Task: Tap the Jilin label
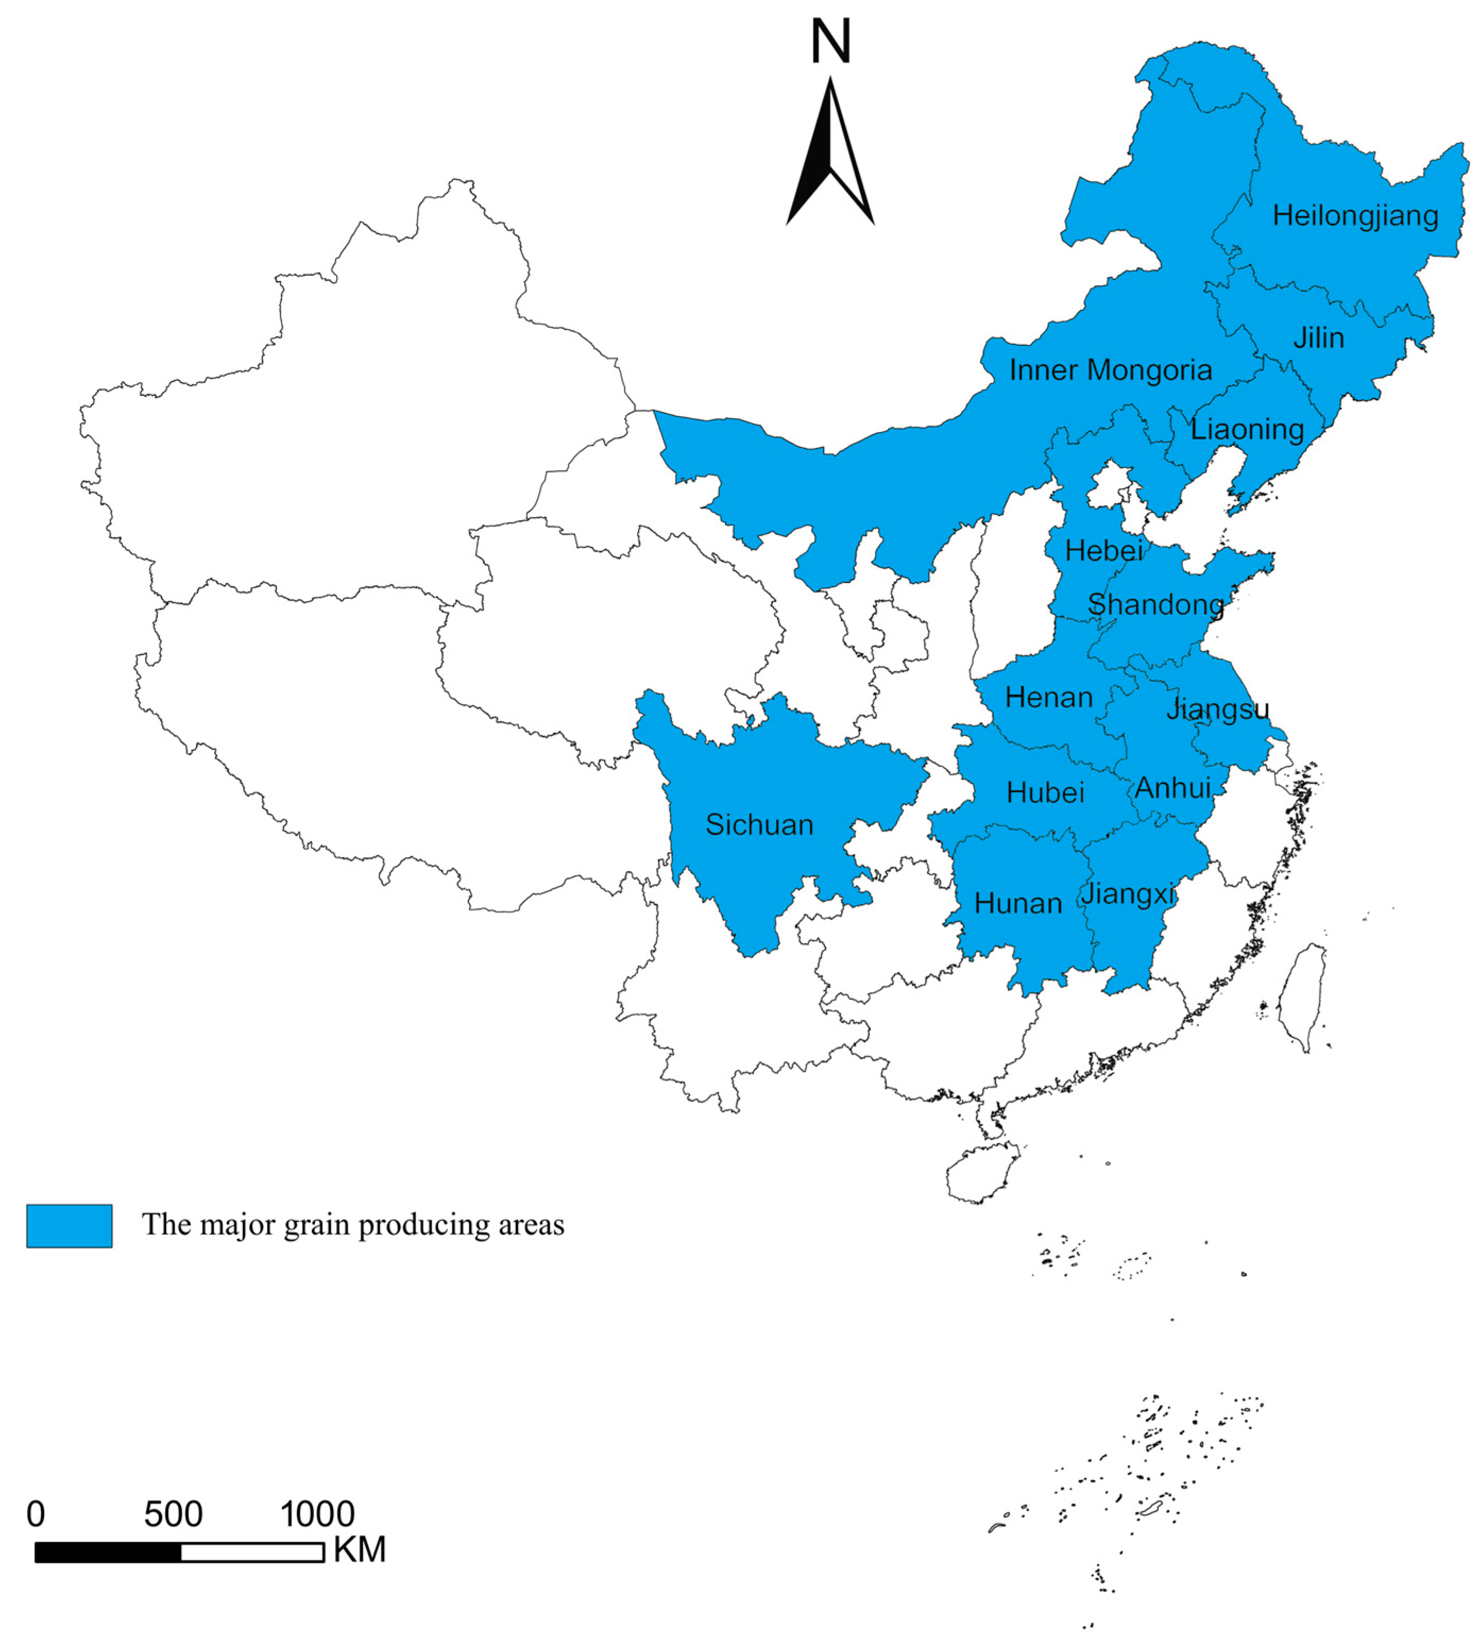coord(1318,338)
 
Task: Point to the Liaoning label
coord(1247,429)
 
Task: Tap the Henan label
coord(1049,698)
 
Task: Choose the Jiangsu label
coord(1217,710)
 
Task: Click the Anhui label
coord(1173,788)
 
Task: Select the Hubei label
coord(1045,793)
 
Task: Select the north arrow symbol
coord(830,155)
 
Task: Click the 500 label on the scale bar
coord(173,1515)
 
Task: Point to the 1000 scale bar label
coord(317,1515)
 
